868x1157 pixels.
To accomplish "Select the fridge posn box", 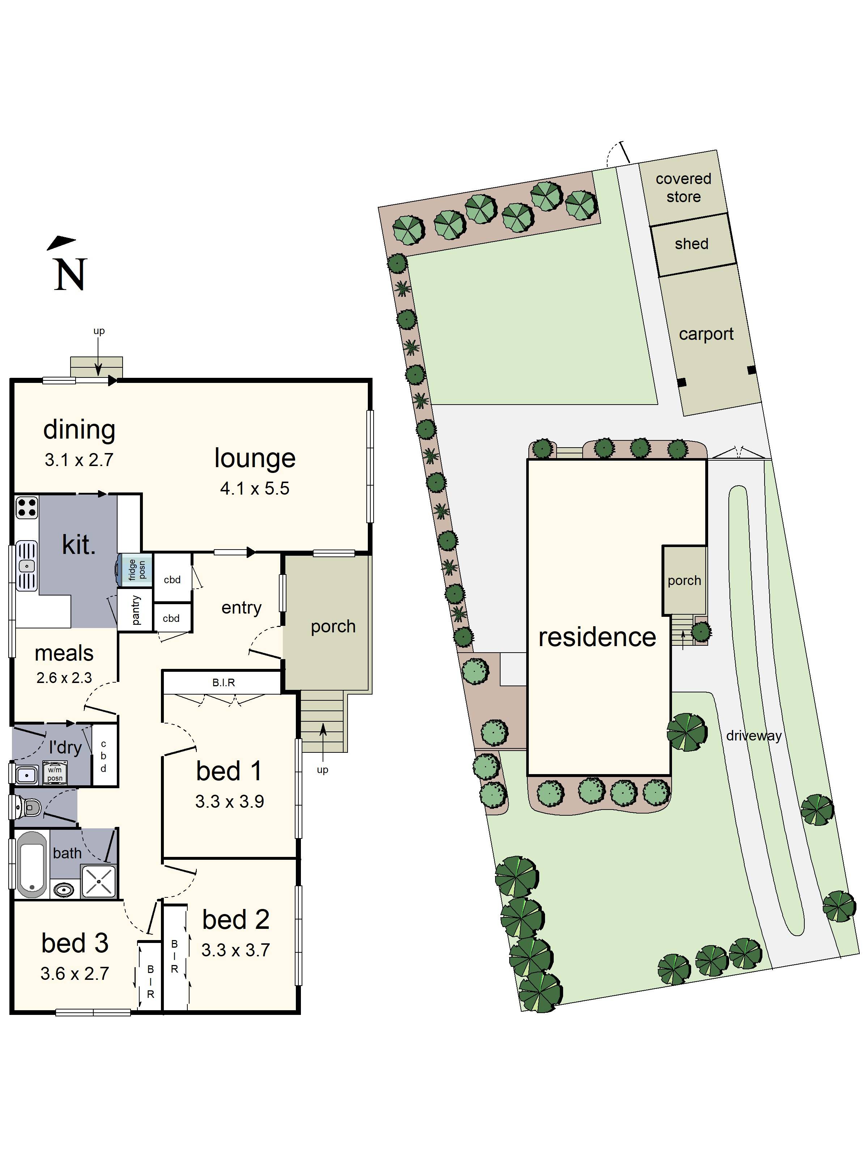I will (x=137, y=569).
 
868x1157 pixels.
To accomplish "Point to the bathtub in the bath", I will (x=31, y=864).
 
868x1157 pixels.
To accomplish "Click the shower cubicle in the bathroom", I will (x=98, y=881).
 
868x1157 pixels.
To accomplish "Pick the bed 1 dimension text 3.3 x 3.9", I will (x=229, y=801).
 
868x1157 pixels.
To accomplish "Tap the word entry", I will (x=241, y=607).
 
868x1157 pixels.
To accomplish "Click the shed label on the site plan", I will (x=691, y=244).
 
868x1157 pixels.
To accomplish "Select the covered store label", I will (x=683, y=188).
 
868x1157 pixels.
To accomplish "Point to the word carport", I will (x=706, y=334).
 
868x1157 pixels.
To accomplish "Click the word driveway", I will (x=753, y=735).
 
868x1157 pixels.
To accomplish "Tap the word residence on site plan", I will (x=597, y=637).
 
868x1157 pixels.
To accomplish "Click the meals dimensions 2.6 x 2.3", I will (x=64, y=678).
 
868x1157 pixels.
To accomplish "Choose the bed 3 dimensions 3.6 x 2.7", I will (x=75, y=973).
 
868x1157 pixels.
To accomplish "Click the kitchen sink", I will (x=27, y=566).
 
